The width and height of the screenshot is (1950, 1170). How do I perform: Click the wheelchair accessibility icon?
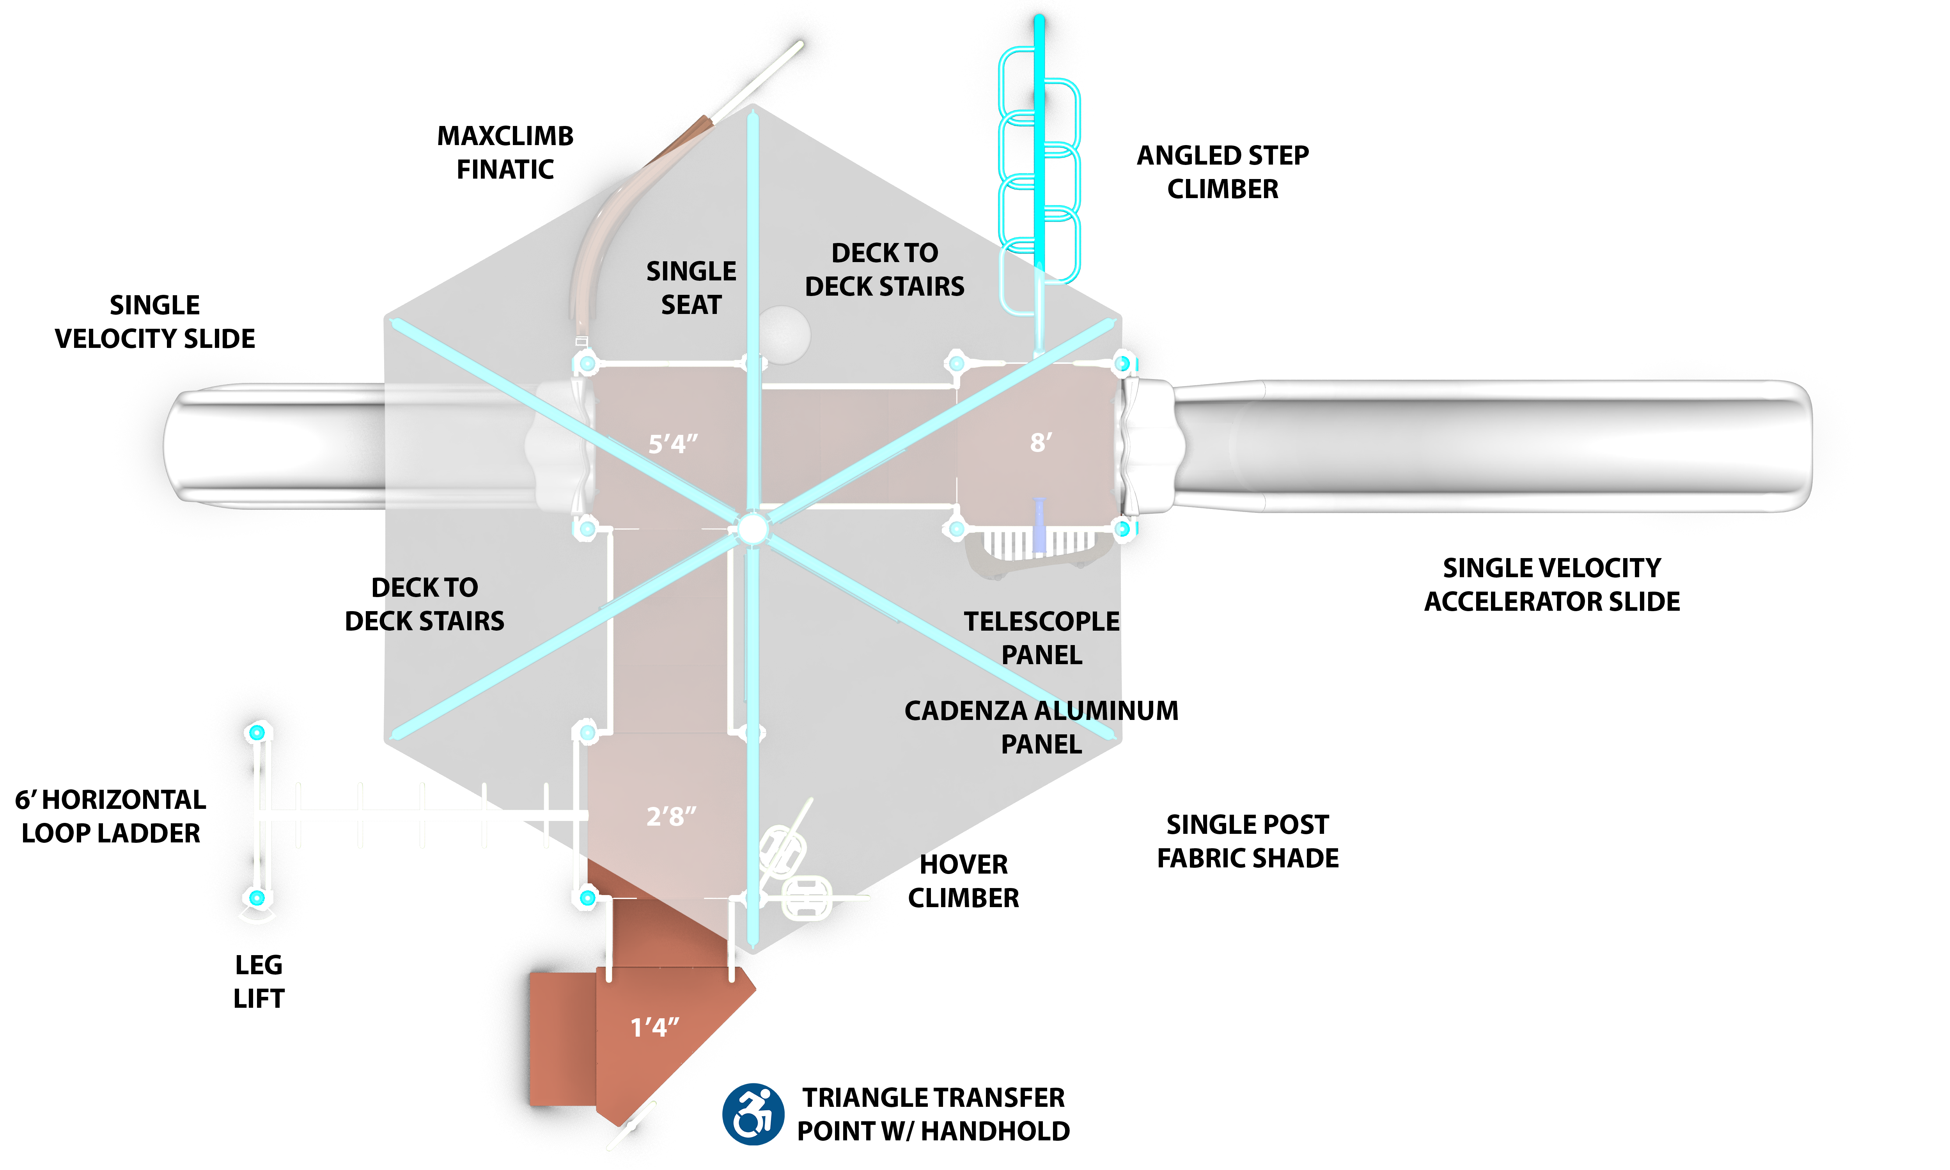(x=753, y=1113)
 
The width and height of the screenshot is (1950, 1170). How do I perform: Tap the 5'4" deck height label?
(x=672, y=444)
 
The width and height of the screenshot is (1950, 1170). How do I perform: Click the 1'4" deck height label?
(x=654, y=1027)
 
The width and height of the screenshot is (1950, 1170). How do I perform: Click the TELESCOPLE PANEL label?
(x=1041, y=638)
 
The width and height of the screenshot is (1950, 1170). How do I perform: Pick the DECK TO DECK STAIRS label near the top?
(x=885, y=269)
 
